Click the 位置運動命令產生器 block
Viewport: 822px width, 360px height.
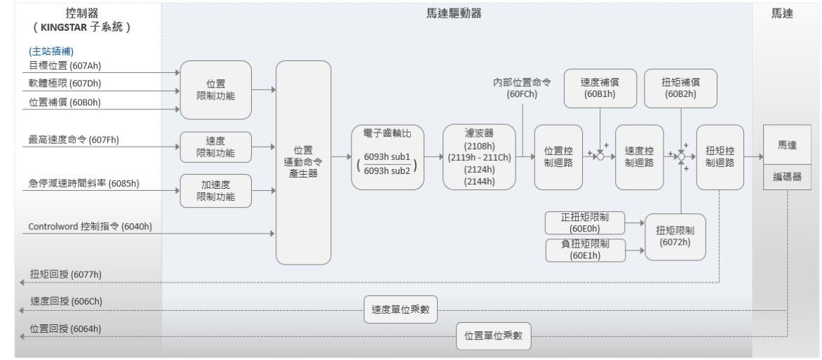coord(303,162)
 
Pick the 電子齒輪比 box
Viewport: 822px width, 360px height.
coord(388,157)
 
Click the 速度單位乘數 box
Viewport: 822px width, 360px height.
coord(400,309)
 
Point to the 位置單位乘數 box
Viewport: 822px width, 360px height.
coord(494,335)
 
